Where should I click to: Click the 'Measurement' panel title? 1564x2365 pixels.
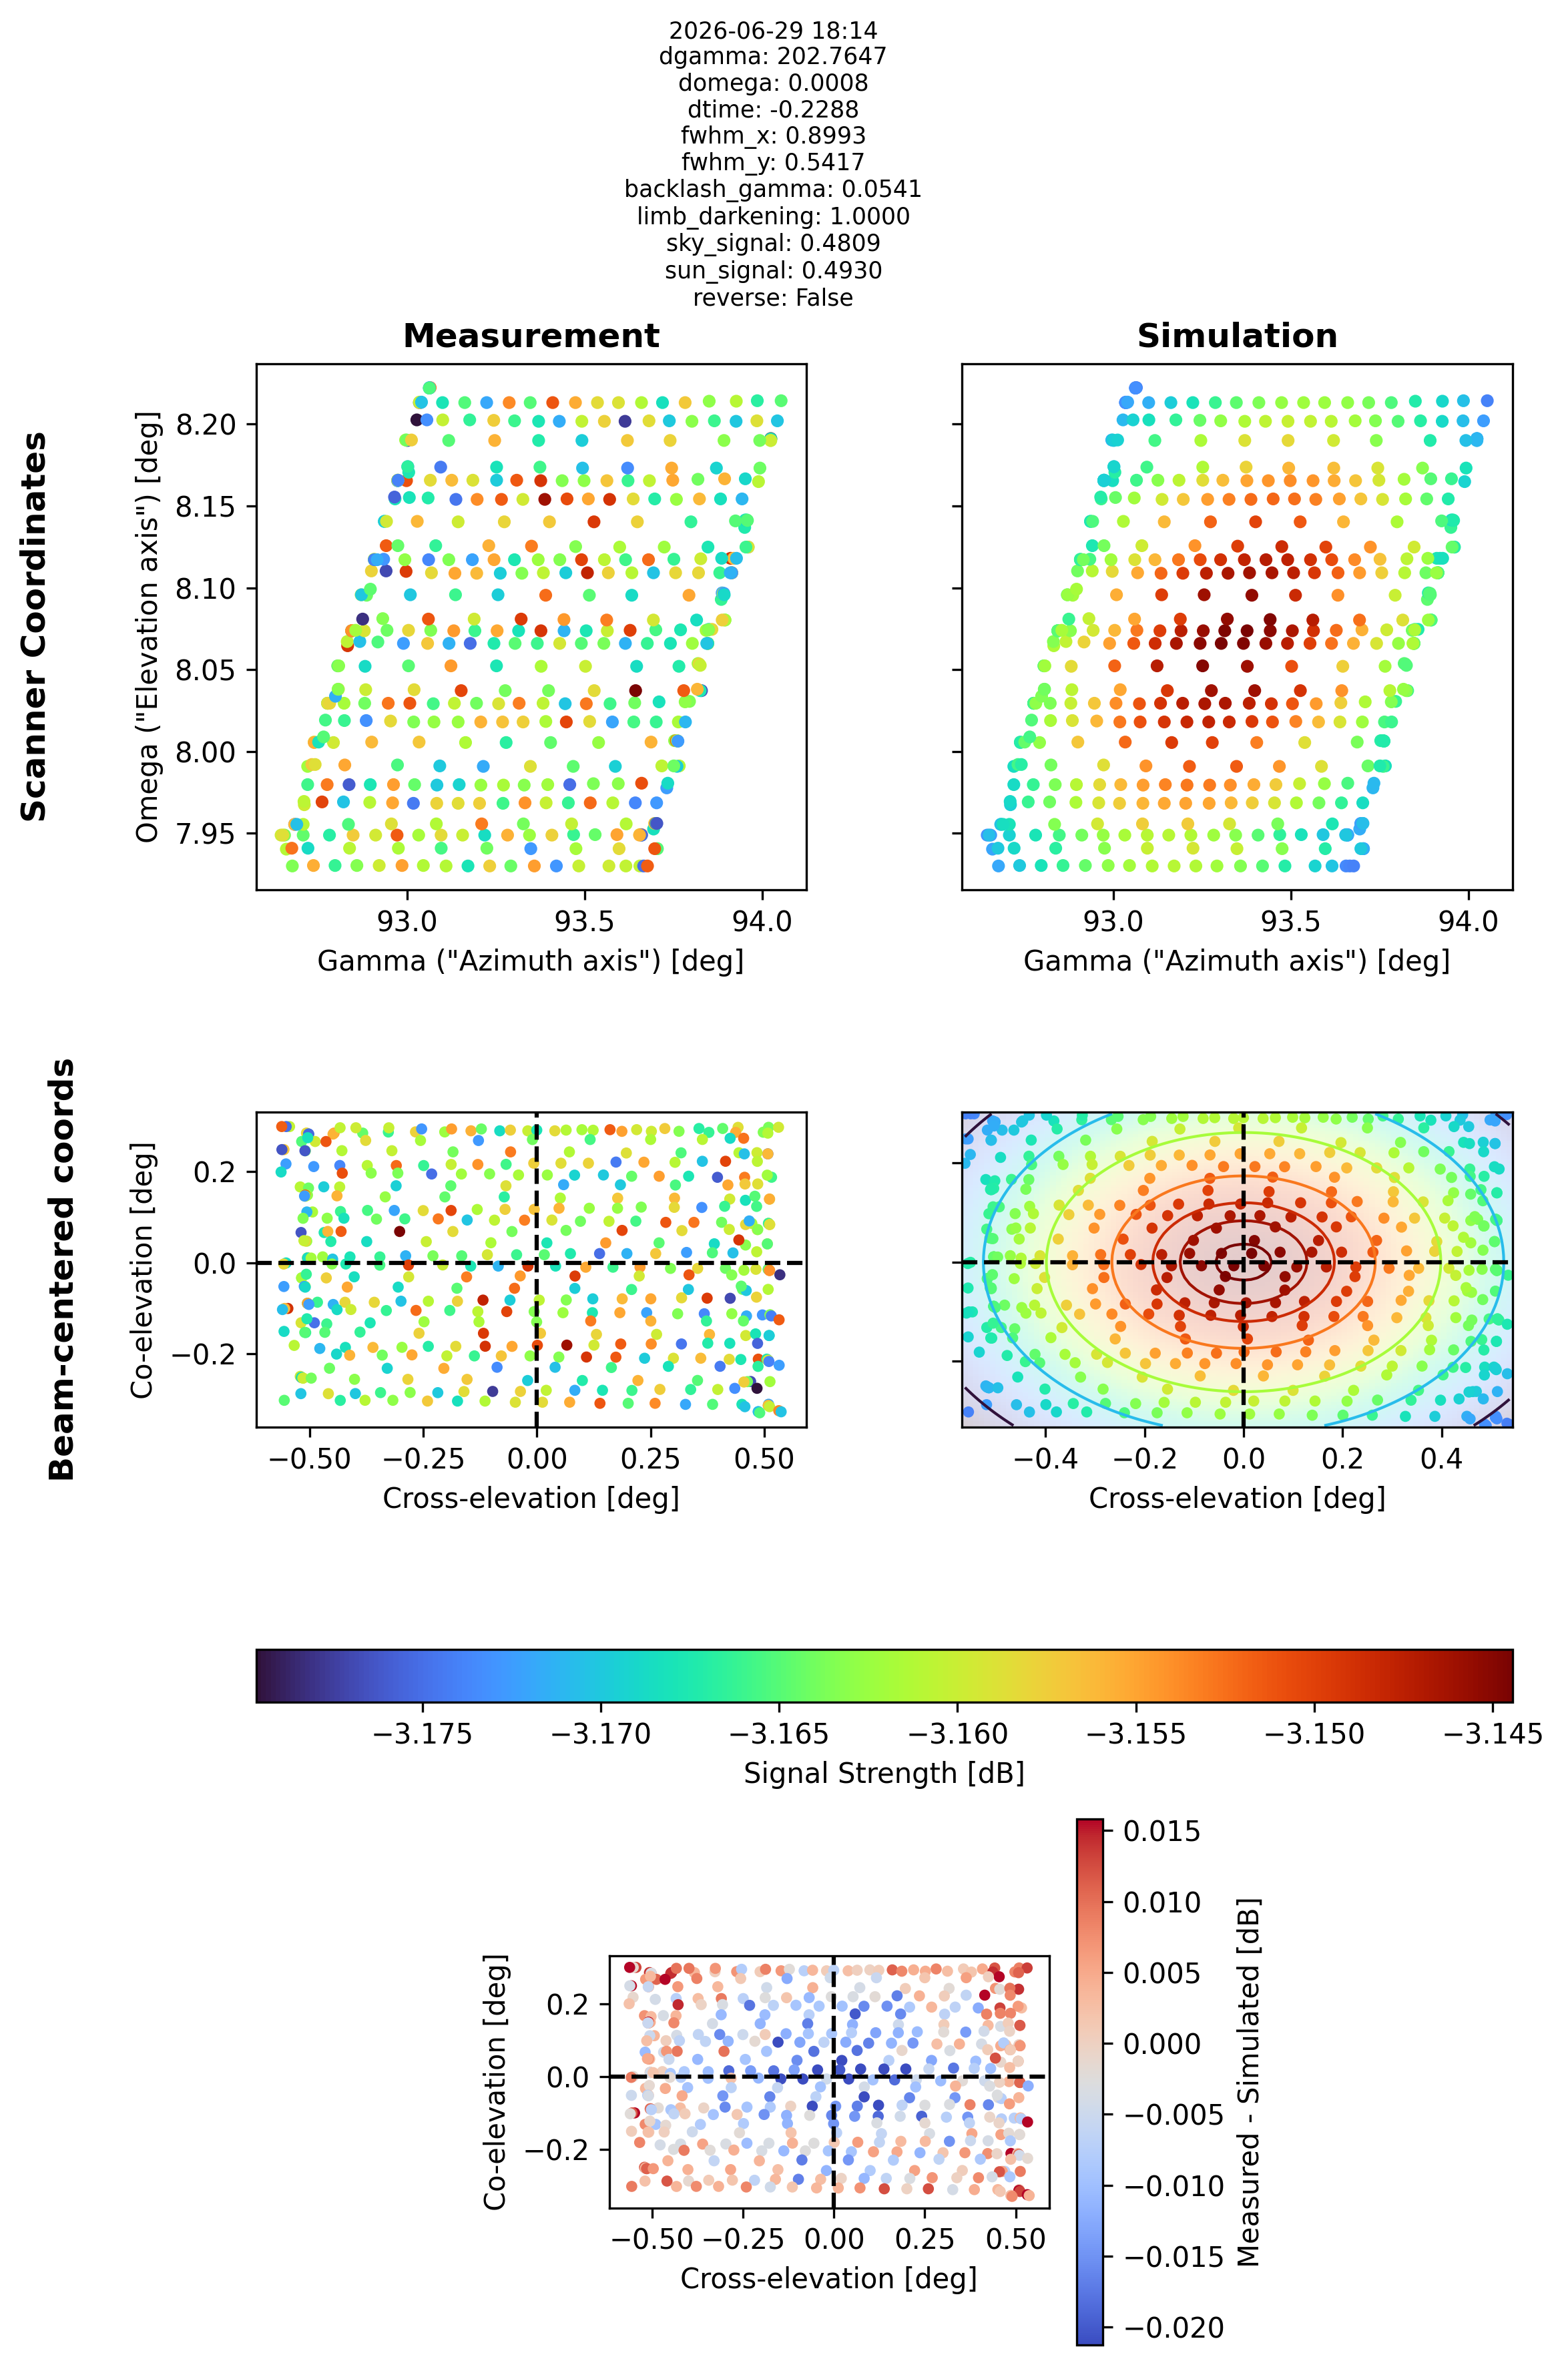coord(531,336)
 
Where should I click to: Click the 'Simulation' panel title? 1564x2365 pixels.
coord(1237,336)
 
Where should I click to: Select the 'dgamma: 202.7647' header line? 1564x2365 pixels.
coord(773,57)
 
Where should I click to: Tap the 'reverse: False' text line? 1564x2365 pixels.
coord(773,298)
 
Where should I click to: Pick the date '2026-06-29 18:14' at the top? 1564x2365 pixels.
coord(773,31)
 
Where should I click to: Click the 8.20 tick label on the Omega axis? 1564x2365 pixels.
coord(206,425)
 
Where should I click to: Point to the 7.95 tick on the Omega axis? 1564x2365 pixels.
coord(206,834)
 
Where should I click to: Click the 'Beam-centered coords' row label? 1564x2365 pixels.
coord(63,1269)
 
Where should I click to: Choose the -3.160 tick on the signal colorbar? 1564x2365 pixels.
coord(957,1734)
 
